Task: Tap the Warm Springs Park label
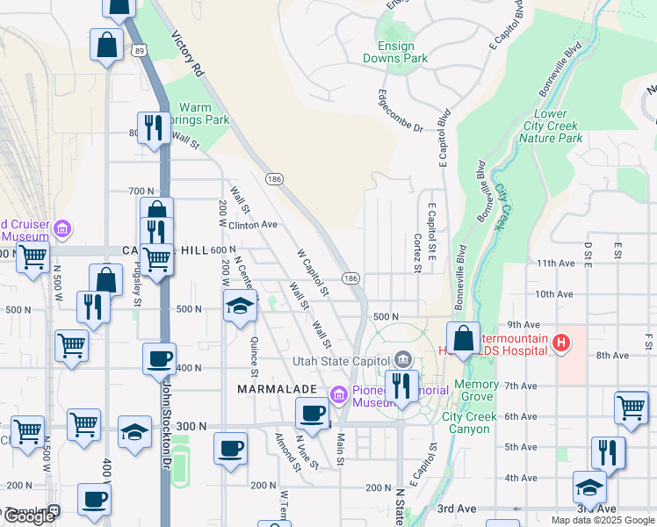click(204, 113)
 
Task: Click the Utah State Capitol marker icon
click(403, 358)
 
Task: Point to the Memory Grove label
click(477, 391)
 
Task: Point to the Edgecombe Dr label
click(401, 111)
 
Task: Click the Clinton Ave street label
click(254, 225)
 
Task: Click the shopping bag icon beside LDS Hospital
click(463, 338)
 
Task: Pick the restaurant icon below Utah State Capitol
click(401, 386)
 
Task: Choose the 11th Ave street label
click(555, 263)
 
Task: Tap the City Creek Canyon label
click(466, 422)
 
